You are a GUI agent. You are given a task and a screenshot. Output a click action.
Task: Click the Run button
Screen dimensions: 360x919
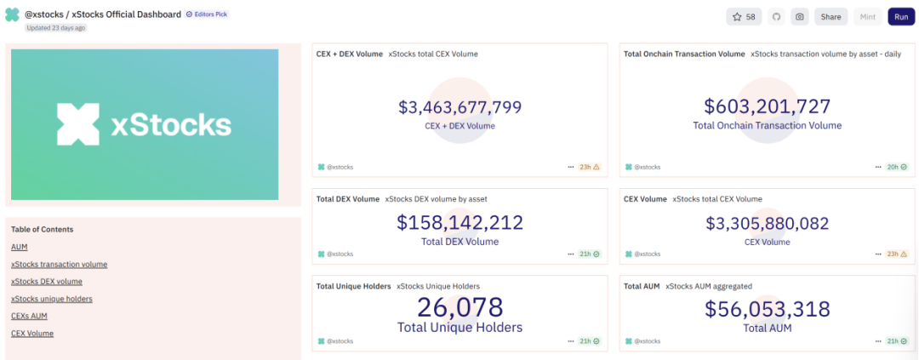901,17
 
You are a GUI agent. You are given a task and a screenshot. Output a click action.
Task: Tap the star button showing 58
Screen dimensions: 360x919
744,17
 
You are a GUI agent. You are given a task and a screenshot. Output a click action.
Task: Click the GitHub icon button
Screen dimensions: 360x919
776,17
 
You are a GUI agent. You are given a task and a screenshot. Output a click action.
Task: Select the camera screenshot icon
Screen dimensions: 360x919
799,17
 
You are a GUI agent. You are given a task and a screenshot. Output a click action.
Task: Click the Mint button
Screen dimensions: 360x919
868,17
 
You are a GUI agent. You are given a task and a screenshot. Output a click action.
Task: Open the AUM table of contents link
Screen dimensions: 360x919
20,247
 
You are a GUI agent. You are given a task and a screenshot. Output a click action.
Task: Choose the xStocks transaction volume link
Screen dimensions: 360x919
59,265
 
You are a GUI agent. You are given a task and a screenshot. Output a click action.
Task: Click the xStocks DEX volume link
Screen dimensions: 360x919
47,282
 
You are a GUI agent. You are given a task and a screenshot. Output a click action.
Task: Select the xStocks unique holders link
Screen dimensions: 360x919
52,299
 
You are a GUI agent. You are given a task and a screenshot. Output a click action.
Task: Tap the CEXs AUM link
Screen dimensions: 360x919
29,316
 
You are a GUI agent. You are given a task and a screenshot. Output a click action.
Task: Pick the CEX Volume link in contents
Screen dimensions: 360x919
32,334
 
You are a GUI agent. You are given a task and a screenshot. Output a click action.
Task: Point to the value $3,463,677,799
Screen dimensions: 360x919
459,107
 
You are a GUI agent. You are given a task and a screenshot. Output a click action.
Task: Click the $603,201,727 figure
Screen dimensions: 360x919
767,106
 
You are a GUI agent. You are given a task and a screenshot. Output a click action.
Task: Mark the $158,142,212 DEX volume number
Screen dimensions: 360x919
459,223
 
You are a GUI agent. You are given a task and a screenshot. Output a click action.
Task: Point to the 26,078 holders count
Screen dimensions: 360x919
459,307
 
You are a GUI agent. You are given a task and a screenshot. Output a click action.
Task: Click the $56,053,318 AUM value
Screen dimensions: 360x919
767,310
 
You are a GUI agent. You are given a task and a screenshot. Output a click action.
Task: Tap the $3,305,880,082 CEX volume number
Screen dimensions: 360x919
767,223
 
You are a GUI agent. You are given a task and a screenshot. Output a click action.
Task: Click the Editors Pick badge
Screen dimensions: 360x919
207,14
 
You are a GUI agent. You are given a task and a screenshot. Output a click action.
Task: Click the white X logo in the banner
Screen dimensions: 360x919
78,124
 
